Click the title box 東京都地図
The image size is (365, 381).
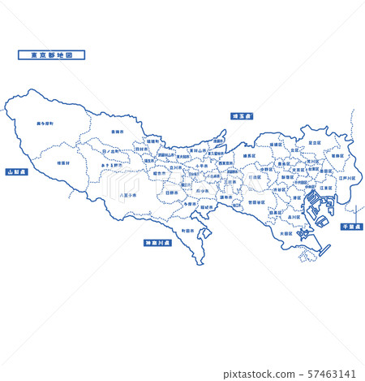tap(50, 55)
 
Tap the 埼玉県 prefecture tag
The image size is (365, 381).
tap(240, 116)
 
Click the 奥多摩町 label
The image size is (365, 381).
tap(45, 124)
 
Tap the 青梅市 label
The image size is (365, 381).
tap(117, 130)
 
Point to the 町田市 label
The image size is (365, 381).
tap(188, 231)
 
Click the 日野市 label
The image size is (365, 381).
tap(171, 193)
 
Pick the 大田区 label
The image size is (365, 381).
tap(285, 233)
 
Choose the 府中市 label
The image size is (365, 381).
tap(201, 193)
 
